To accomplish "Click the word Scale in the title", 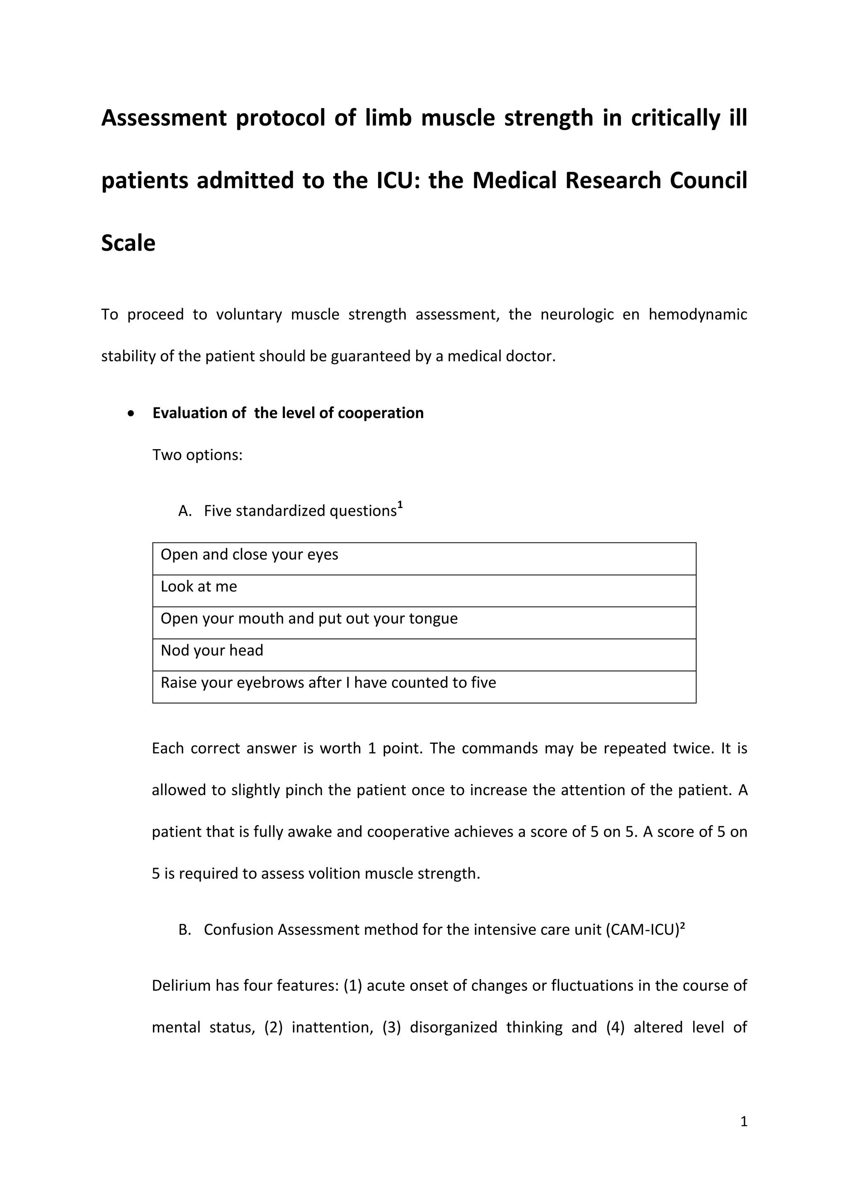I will pyautogui.click(x=128, y=244).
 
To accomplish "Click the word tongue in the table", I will pyautogui.click(x=433, y=619).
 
